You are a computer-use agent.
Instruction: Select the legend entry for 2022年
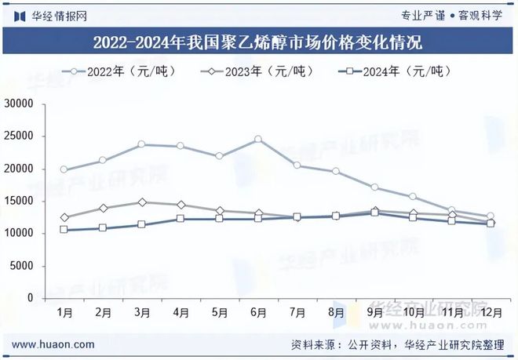(x=118, y=71)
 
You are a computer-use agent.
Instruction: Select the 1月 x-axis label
(x=64, y=312)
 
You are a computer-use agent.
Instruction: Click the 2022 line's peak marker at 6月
(x=257, y=140)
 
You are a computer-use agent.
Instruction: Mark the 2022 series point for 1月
(x=64, y=169)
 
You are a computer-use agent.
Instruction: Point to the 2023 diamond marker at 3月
(x=141, y=202)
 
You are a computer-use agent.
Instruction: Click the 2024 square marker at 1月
(x=64, y=230)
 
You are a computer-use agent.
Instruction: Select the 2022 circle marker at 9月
(x=374, y=187)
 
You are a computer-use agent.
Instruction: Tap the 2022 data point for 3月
(x=141, y=144)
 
